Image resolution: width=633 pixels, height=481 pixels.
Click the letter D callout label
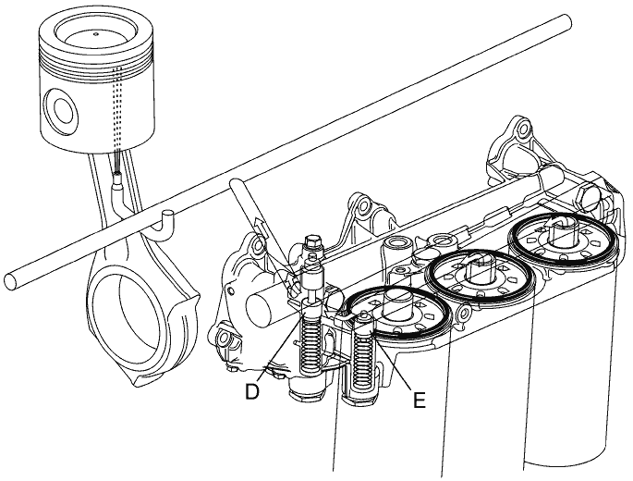(252, 391)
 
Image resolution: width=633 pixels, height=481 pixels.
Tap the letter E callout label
(419, 400)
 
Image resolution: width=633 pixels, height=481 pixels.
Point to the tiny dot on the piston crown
(96, 34)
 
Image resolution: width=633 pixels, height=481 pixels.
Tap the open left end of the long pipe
(11, 281)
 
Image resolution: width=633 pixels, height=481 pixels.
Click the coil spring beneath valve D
(310, 343)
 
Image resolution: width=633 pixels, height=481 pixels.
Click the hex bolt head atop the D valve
(313, 242)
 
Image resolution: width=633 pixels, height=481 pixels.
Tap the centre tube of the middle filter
(480, 269)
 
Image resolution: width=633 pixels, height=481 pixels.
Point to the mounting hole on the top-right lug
(522, 129)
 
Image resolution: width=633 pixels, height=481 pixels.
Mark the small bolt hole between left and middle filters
(464, 312)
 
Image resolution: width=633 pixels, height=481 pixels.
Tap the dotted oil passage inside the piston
(117, 109)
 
